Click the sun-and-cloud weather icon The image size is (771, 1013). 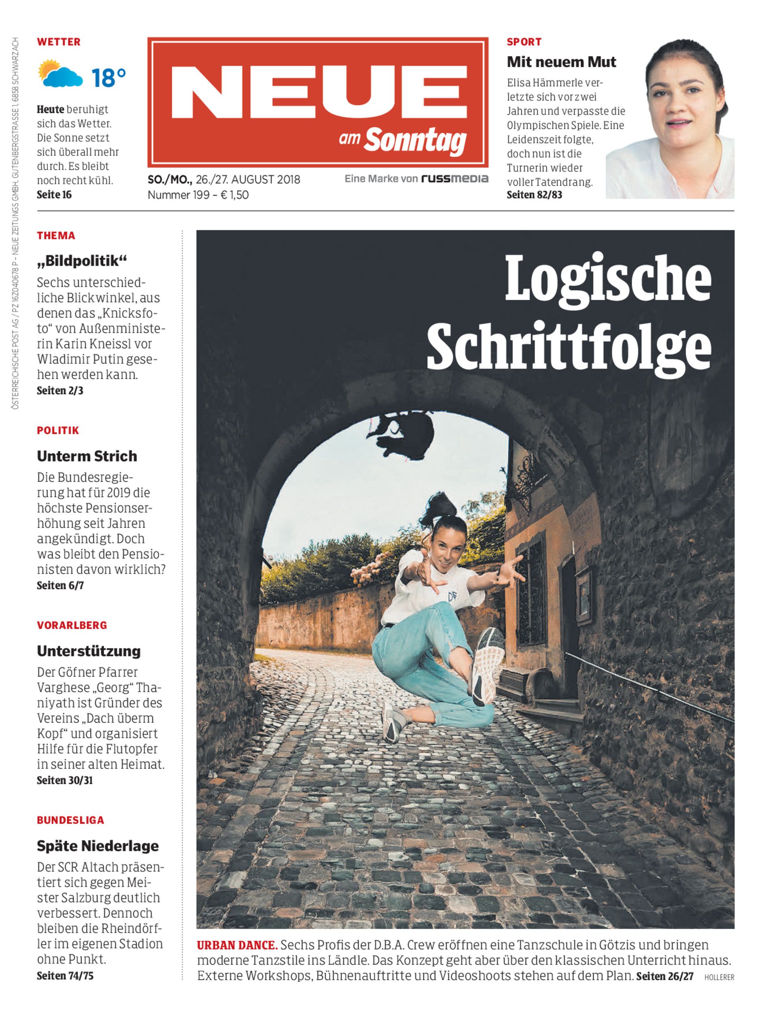60,74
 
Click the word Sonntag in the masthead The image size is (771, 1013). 415,140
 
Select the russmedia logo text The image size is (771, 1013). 454,179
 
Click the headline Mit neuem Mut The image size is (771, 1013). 561,62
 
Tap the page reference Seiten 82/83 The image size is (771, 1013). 534,195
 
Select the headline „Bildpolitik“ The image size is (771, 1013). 82,261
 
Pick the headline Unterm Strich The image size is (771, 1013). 87,456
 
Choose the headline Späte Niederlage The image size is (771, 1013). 98,846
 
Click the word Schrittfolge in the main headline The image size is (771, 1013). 569,347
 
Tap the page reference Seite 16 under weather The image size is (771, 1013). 54,195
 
